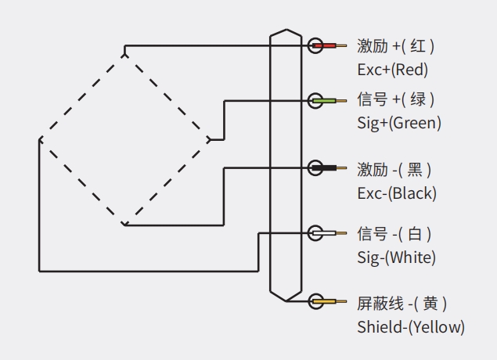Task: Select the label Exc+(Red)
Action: coord(393,70)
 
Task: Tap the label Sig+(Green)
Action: coord(399,123)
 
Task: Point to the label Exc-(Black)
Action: coord(397,193)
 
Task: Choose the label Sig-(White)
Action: coord(397,257)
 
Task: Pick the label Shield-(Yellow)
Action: coord(411,326)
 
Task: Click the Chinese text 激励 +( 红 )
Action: coord(396,46)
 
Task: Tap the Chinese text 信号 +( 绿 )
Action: coord(396,100)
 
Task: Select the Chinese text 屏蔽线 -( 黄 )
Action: coord(402,303)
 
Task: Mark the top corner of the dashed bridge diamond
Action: coord(124,54)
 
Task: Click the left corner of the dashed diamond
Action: coord(39,140)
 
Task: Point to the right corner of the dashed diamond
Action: coord(210,140)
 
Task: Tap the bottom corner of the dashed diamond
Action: coord(124,225)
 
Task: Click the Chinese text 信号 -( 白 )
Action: coord(394,233)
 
